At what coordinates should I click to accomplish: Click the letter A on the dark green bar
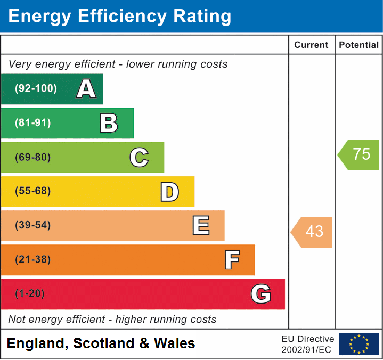tap(86, 89)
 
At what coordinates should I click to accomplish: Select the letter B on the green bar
tap(109, 123)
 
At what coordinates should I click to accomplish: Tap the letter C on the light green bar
tap(139, 158)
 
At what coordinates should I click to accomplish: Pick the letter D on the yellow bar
tap(169, 192)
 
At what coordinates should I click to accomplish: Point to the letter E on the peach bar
tap(201, 226)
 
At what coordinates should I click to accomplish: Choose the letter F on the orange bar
tap(232, 260)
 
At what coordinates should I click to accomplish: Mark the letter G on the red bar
tap(261, 294)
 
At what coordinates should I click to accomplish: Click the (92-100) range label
tap(36, 89)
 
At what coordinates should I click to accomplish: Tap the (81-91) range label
tap(33, 123)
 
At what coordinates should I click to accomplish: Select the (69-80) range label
tap(33, 158)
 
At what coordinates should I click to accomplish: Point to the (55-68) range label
tap(33, 191)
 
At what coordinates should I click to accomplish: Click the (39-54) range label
tap(33, 225)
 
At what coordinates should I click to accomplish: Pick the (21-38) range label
tap(33, 260)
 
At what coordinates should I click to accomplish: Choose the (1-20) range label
tap(30, 294)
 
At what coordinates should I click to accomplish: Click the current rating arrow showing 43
tap(312, 232)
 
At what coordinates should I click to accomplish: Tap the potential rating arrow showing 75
tap(359, 154)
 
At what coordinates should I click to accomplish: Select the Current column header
tap(312, 45)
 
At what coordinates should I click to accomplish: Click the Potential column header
tap(359, 45)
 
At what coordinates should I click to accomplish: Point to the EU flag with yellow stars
tap(359, 344)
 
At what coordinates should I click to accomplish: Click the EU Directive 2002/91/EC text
tap(308, 344)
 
